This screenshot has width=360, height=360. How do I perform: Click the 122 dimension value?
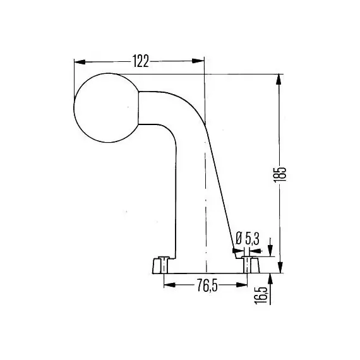click(x=141, y=61)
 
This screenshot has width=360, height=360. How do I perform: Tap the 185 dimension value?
click(x=280, y=174)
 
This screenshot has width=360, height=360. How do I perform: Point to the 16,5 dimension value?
click(x=261, y=295)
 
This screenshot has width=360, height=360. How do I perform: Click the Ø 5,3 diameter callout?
click(x=248, y=238)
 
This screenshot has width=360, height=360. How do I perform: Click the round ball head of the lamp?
click(x=106, y=107)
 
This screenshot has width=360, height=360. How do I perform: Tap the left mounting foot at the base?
click(x=160, y=265)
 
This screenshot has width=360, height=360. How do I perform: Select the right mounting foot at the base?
click(x=251, y=265)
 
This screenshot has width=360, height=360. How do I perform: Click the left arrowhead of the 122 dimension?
click(x=80, y=62)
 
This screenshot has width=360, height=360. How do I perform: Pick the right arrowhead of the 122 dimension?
click(x=198, y=61)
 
